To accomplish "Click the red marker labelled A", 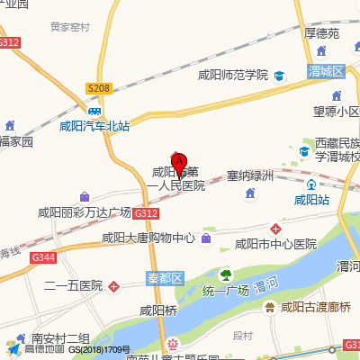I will click(179, 163).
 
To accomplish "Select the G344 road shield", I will click(42, 257).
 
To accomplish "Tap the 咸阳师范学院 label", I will click(232, 75).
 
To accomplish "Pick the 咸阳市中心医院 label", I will click(275, 244).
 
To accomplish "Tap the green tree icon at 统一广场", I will click(226, 274).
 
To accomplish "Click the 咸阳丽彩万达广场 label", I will click(84, 213).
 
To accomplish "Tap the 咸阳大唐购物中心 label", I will click(148, 238).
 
